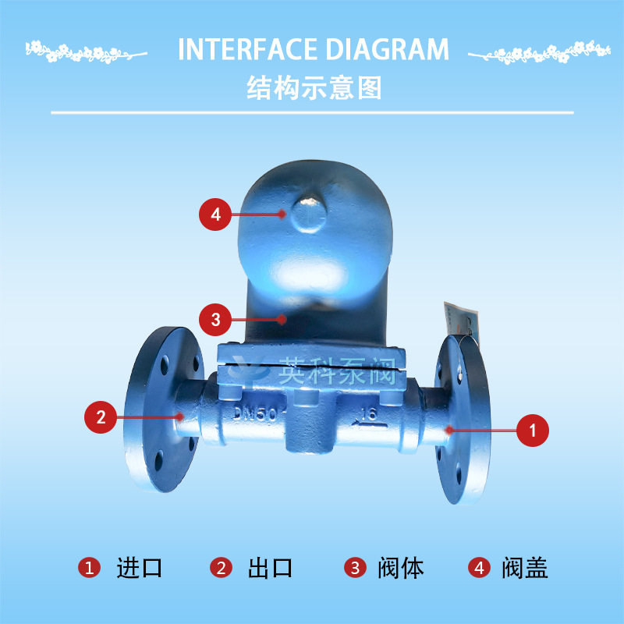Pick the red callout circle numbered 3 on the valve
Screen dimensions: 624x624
click(216, 318)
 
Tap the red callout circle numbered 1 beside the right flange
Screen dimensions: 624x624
click(533, 430)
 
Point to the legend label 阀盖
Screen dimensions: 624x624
click(524, 568)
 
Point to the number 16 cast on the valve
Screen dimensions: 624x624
click(369, 414)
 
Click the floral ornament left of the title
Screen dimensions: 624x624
click(85, 51)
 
